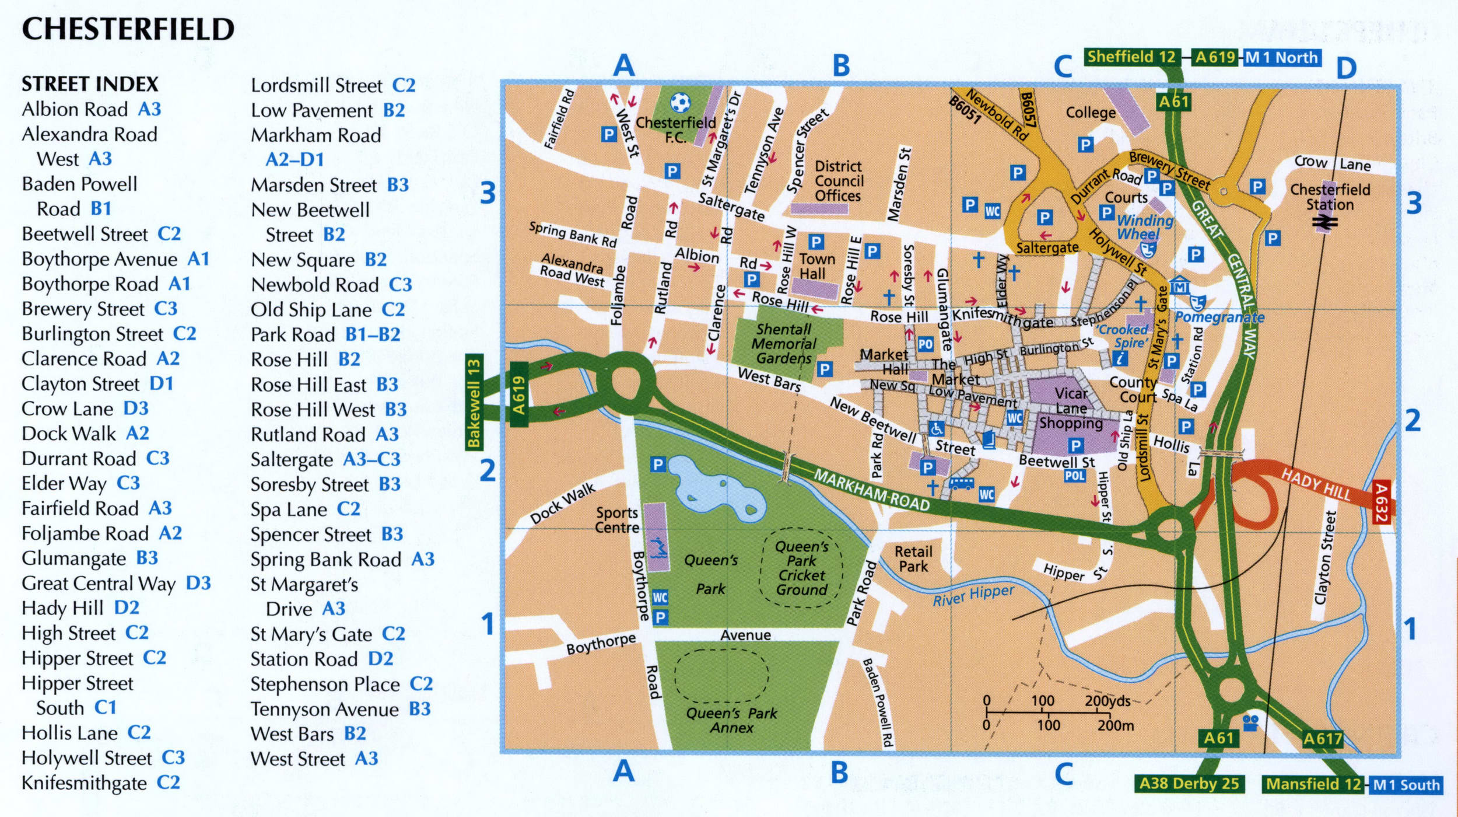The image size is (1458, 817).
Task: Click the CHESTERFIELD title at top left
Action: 128,29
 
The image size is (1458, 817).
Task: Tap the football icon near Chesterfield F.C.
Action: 680,103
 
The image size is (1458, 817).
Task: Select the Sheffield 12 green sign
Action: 1131,57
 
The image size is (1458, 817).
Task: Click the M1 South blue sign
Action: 1405,785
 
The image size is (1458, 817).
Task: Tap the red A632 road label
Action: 1380,502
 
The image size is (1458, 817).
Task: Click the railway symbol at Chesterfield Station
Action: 1325,222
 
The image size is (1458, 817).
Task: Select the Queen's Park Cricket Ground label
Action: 801,568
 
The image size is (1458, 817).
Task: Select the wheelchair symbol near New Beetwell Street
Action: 937,430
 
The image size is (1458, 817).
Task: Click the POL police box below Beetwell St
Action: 1074,476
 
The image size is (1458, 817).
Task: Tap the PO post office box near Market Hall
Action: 926,344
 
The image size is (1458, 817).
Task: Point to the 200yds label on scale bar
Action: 1107,701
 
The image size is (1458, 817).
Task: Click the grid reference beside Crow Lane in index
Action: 136,408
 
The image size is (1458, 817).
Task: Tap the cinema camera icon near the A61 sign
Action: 1250,723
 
